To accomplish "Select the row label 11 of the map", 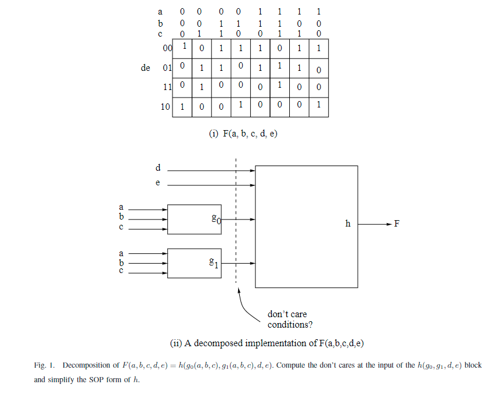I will pyautogui.click(x=167, y=88).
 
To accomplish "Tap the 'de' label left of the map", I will pyautogui.click(x=145, y=68).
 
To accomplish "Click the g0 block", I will pyautogui.click(x=195, y=219).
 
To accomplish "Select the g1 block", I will pyautogui.click(x=195, y=263).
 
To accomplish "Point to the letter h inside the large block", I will pyautogui.click(x=348, y=224).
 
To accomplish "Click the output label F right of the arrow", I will pyautogui.click(x=397, y=224).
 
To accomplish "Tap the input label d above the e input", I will pyautogui.click(x=157, y=168).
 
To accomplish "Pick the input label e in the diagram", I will pyautogui.click(x=157, y=183).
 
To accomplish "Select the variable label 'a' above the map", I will pyautogui.click(x=160, y=11).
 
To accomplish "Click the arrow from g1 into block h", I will pyautogui.click(x=238, y=263).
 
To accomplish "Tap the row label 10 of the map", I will pyautogui.click(x=166, y=107).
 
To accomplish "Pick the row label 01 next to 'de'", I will pyautogui.click(x=167, y=68).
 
